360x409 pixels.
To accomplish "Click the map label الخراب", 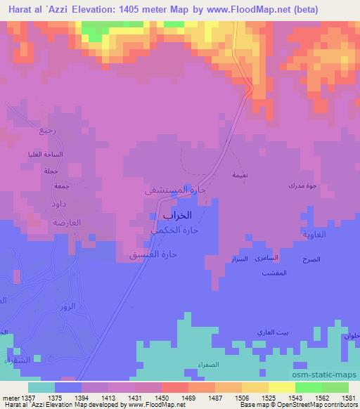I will point(168,217).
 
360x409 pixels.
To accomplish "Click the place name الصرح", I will point(311,259).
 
